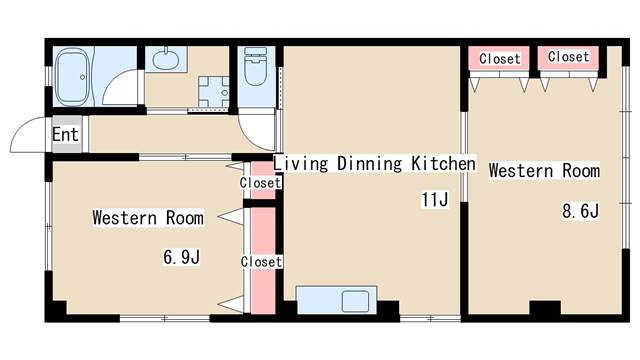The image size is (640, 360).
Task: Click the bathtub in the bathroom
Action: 72,77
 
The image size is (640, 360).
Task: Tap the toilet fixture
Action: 256,66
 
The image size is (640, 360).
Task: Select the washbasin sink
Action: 166,60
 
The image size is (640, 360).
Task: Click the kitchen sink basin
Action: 355,301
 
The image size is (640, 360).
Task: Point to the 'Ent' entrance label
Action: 65,134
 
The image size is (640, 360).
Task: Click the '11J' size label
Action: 435,200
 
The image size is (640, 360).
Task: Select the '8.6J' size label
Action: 580,211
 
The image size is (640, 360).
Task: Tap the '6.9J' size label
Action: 182,257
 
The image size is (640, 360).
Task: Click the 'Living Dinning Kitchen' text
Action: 374,164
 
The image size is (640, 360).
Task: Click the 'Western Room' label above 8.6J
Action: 544,170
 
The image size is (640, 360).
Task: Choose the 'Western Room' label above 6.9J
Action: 148,218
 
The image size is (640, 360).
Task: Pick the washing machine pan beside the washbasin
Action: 213,92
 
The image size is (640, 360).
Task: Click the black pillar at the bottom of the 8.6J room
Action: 545,307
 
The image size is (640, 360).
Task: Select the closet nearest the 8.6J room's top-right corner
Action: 568,58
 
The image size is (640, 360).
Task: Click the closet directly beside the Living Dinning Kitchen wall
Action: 262,180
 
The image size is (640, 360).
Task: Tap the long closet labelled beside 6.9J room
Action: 262,260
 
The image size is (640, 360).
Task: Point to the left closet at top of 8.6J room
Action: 499,58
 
